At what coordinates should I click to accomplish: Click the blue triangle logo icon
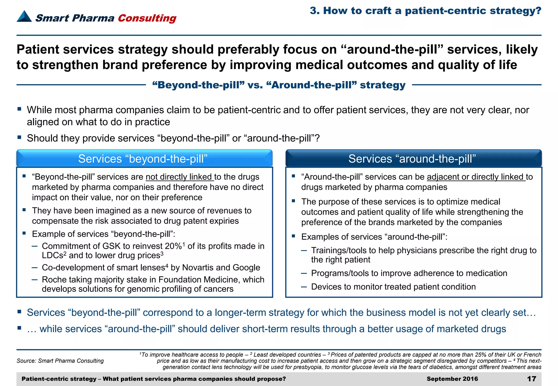click(x=24, y=16)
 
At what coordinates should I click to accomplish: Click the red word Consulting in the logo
click(x=147, y=18)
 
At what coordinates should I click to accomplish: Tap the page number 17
click(x=531, y=379)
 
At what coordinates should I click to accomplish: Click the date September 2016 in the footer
click(x=452, y=379)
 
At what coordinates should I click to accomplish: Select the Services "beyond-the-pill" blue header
click(x=144, y=158)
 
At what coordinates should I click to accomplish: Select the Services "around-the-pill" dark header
click(x=413, y=158)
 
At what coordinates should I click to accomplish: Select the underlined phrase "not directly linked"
click(x=180, y=177)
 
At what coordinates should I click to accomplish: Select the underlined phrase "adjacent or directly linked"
click(x=476, y=177)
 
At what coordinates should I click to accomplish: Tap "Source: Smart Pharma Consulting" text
click(x=60, y=361)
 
